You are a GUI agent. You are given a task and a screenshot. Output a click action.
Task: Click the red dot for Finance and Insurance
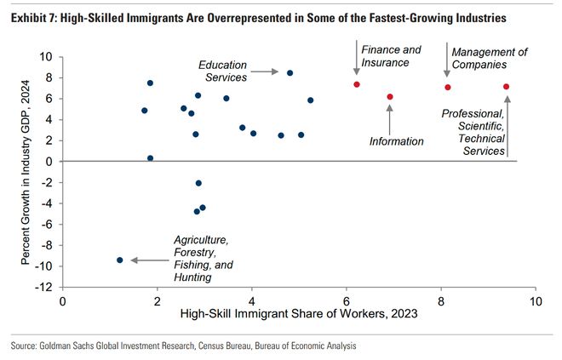pos(357,84)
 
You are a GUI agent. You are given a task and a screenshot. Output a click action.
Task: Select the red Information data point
pos(390,97)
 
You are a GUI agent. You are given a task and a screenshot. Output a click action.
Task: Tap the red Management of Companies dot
pos(447,87)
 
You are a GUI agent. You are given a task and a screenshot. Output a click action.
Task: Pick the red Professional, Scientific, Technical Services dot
pos(507,87)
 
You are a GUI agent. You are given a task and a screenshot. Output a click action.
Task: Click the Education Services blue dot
pos(290,73)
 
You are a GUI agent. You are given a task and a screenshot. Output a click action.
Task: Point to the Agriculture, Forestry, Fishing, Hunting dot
pos(120,260)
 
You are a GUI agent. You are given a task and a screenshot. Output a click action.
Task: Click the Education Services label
pos(223,71)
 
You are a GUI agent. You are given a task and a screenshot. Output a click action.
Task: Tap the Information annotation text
pos(396,141)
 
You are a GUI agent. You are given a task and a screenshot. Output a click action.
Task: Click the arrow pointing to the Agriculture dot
pos(149,260)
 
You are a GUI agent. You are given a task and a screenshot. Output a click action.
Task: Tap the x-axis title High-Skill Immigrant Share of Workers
pos(300,315)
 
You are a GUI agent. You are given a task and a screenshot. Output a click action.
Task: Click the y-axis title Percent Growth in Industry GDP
pos(26,171)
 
